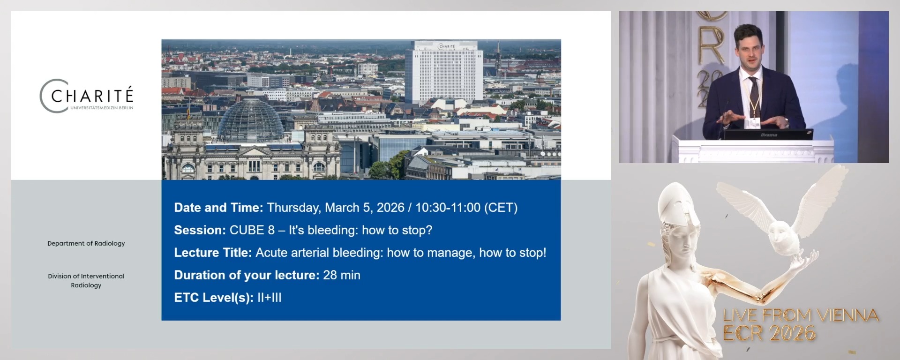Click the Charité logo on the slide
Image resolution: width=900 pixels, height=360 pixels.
click(87, 96)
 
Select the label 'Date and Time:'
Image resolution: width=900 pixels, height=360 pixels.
click(218, 208)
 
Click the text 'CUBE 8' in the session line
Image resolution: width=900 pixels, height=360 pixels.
click(252, 230)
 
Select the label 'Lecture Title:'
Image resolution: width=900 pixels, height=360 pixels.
click(213, 253)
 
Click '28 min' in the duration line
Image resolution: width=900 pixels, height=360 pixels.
click(342, 275)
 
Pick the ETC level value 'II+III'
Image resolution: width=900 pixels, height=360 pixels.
click(270, 298)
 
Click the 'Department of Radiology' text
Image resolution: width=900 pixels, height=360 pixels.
click(86, 243)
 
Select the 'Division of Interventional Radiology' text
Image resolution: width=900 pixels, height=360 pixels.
click(86, 280)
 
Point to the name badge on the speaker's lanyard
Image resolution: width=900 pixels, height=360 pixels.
click(754, 123)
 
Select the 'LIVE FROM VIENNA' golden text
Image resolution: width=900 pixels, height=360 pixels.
click(801, 315)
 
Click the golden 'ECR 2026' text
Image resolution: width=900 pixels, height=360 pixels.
click(769, 333)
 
